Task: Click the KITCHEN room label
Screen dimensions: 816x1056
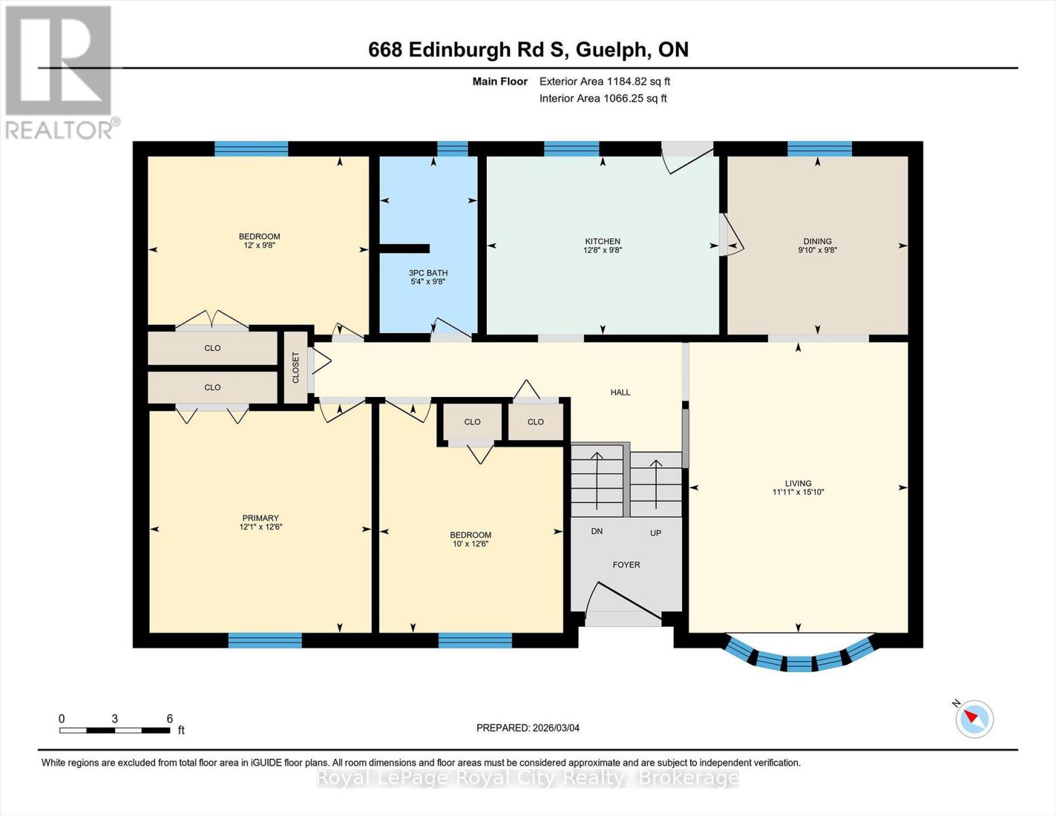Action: (602, 241)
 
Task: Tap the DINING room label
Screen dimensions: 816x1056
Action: (817, 241)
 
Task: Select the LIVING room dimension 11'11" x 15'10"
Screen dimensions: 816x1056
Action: (798, 492)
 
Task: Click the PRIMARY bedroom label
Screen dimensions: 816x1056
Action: (260, 518)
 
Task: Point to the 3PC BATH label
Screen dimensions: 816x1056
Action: (428, 273)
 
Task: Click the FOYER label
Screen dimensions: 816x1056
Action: (626, 564)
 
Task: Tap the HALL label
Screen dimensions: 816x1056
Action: (619, 392)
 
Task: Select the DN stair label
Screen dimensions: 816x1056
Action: (596, 531)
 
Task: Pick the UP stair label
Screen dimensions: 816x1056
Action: (655, 533)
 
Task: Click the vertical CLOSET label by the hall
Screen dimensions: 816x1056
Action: (296, 367)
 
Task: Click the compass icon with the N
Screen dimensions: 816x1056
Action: (974, 718)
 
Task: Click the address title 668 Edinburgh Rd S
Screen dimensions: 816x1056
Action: (528, 50)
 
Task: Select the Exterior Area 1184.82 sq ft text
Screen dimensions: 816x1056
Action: (604, 82)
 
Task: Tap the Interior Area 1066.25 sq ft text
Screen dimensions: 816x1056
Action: (602, 99)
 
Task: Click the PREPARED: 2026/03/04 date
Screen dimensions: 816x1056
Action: (528, 728)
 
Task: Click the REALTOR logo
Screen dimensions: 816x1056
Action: (58, 71)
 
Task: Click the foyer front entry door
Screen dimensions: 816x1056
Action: (624, 602)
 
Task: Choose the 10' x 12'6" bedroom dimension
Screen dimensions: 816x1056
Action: (470, 544)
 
